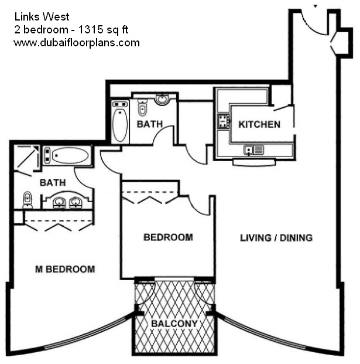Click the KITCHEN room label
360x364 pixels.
pyautogui.click(x=259, y=124)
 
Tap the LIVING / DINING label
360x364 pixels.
pyautogui.click(x=276, y=238)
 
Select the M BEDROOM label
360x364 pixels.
pyautogui.click(x=65, y=269)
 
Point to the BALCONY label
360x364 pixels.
pyautogui.click(x=174, y=324)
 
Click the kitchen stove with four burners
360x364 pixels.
pyautogui.click(x=224, y=121)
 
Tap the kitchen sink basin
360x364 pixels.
pyautogui.click(x=249, y=149)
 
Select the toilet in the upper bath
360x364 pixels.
pyautogui.click(x=142, y=107)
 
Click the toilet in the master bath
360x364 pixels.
pyautogui.click(x=28, y=200)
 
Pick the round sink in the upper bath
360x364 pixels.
pyautogui.click(x=163, y=99)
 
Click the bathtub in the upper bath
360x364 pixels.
pyautogui.click(x=120, y=122)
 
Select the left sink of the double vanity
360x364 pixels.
pyautogui.click(x=60, y=202)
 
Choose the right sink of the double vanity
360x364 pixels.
pyautogui.click(x=76, y=202)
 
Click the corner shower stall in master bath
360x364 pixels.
pyautogui.click(x=26, y=158)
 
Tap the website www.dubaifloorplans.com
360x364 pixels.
pyautogui.click(x=77, y=43)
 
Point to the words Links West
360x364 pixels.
pyautogui.click(x=42, y=17)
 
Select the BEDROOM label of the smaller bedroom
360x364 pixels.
pyautogui.click(x=169, y=237)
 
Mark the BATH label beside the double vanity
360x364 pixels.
pyautogui.click(x=53, y=183)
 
